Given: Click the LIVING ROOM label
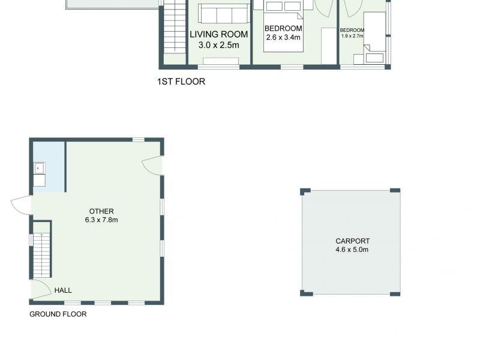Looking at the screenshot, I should (x=218, y=34).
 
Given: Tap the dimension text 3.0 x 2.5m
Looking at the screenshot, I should (x=218, y=45).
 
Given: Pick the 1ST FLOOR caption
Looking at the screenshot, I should (x=181, y=82).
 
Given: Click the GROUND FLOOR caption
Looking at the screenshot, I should (x=58, y=314).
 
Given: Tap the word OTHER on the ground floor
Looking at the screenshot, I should (x=101, y=211).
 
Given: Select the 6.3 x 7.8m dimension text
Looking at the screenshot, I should (x=101, y=220).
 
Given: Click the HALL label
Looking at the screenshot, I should (x=63, y=290).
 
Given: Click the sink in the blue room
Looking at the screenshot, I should (x=40, y=167).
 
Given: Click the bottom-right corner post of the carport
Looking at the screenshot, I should (x=395, y=293).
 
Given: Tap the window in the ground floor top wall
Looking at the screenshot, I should (x=139, y=140).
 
